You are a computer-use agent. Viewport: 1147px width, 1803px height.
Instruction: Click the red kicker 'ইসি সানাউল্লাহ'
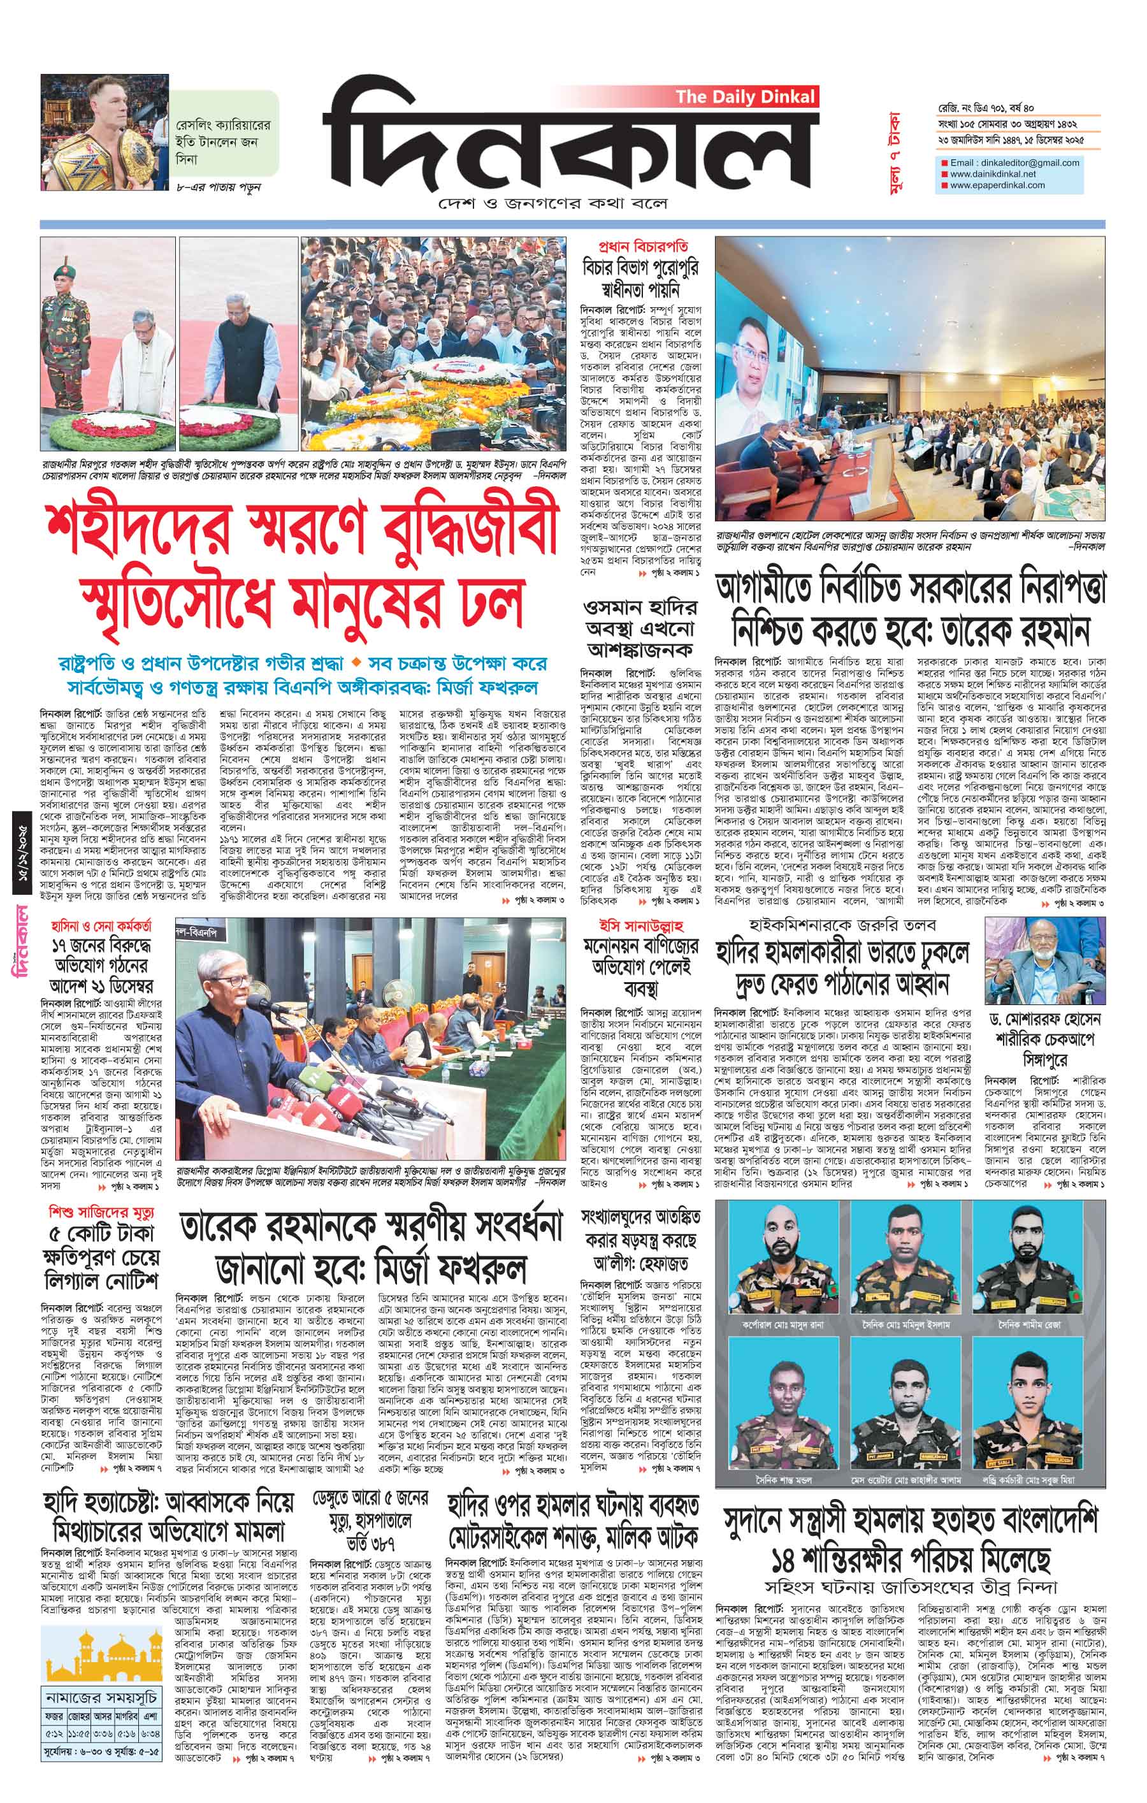click(642, 923)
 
